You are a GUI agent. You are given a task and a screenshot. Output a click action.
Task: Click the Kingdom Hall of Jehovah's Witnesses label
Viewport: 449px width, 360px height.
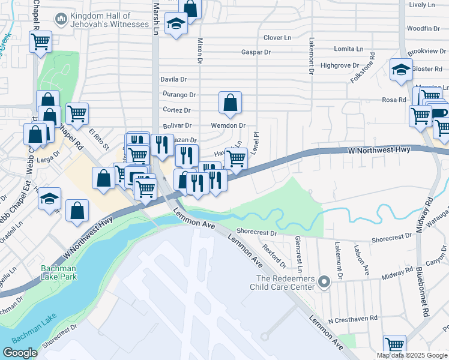pyautogui.click(x=109, y=19)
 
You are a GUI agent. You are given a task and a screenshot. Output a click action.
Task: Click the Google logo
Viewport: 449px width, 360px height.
pyautogui.click(x=20, y=352)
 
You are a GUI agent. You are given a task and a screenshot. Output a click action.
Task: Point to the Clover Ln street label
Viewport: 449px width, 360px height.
pyautogui.click(x=277, y=37)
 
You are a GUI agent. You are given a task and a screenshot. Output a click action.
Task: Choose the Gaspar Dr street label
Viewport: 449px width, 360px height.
pyautogui.click(x=256, y=52)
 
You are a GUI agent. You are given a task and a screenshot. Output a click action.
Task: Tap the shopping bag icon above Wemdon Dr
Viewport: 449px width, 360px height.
pyautogui.click(x=230, y=103)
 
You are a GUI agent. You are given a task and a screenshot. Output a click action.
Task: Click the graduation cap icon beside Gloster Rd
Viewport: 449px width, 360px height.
pyautogui.click(x=400, y=70)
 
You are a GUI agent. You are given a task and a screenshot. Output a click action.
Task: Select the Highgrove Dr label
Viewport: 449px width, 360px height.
pyautogui.click(x=340, y=65)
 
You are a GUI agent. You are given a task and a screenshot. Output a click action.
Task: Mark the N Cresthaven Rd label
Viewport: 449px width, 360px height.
pyautogui.click(x=356, y=318)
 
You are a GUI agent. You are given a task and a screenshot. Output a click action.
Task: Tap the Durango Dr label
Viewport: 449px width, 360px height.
pyautogui.click(x=179, y=95)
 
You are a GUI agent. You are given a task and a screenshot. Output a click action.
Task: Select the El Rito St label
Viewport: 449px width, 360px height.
pyautogui.click(x=99, y=139)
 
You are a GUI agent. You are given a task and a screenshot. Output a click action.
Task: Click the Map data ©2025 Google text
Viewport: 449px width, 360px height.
pyautogui.click(x=411, y=355)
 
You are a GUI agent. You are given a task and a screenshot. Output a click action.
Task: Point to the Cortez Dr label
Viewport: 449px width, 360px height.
pyautogui.click(x=176, y=110)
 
